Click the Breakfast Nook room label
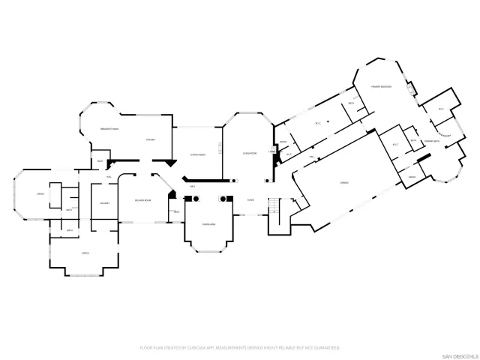[x=110, y=130]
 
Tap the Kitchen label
[x=150, y=139]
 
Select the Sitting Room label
[x=197, y=154]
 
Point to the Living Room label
[x=250, y=152]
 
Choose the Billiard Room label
[x=143, y=200]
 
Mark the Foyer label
[x=250, y=199]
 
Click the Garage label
[x=344, y=182]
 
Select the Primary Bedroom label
[x=381, y=87]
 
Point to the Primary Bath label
[x=431, y=141]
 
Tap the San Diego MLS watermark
[x=457, y=354]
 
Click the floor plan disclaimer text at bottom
[x=240, y=348]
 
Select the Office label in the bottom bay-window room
[x=85, y=253]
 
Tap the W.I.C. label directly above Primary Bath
[x=441, y=109]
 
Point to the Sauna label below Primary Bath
[x=412, y=177]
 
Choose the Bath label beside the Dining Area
[x=176, y=212]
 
